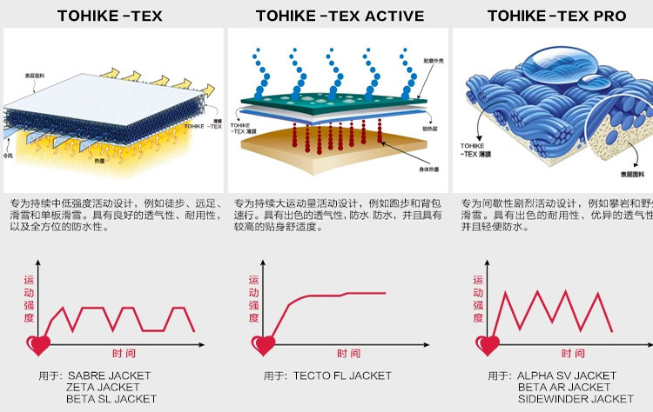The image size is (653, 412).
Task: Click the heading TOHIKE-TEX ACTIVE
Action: coord(340,16)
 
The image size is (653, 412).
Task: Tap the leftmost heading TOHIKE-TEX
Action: coord(110,16)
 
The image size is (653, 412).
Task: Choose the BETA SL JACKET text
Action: coord(111,399)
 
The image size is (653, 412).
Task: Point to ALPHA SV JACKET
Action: coord(567,375)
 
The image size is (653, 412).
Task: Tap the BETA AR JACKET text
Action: coord(564,387)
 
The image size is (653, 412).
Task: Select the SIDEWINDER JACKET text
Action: coord(576,399)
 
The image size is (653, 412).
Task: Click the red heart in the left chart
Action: coord(38,344)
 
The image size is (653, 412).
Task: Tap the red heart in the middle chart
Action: coord(262,344)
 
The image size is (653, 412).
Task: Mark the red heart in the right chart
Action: coord(488,344)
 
